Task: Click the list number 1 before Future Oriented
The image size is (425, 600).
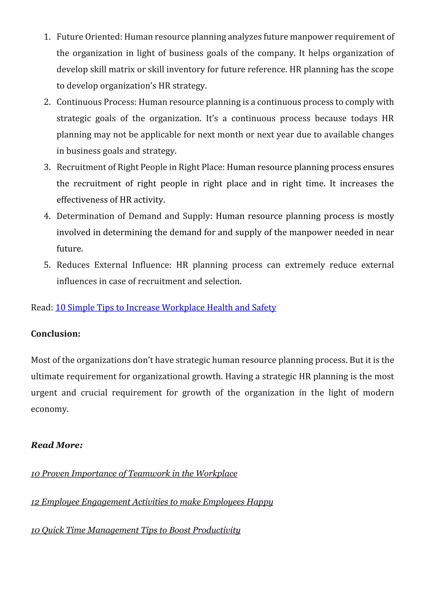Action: point(47,37)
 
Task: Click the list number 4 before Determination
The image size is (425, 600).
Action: point(47,216)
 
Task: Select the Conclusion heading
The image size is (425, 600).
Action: point(55,334)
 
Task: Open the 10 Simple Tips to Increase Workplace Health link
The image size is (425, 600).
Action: point(166,308)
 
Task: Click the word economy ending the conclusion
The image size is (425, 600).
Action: point(49,409)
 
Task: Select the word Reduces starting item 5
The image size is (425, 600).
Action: point(73,265)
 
